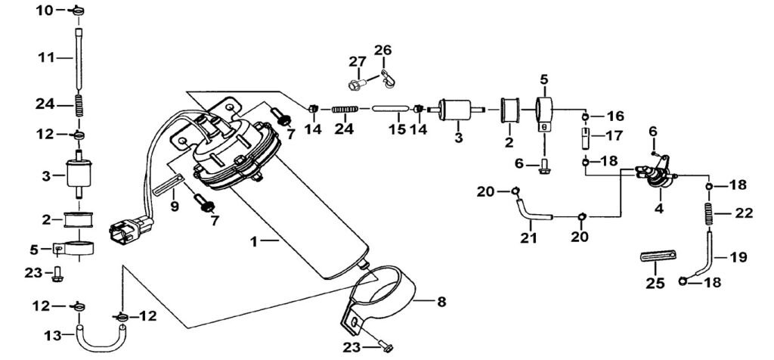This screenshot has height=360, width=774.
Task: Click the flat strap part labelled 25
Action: pos(658,256)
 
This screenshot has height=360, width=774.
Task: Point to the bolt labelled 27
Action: pos(358,85)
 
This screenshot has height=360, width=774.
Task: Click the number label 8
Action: pos(441,302)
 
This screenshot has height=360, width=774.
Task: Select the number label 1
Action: pos(254,242)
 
